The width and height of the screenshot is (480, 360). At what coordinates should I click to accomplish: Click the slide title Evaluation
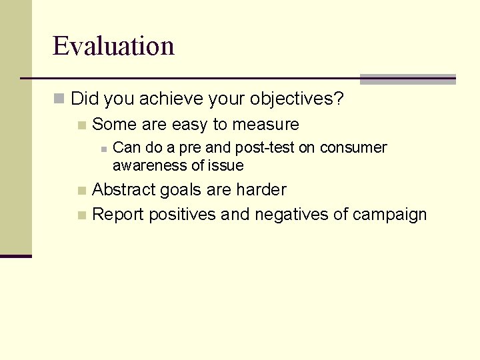coord(113,46)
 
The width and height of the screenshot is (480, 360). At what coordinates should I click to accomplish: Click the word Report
coord(118,215)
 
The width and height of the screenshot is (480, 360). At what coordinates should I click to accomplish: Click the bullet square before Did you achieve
coord(59,100)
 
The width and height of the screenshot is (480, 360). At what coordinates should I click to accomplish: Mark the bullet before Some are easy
coord(81,125)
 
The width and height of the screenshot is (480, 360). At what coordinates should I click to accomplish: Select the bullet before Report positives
coord(81,215)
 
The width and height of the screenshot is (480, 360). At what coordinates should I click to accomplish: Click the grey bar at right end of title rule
coord(407,79)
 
